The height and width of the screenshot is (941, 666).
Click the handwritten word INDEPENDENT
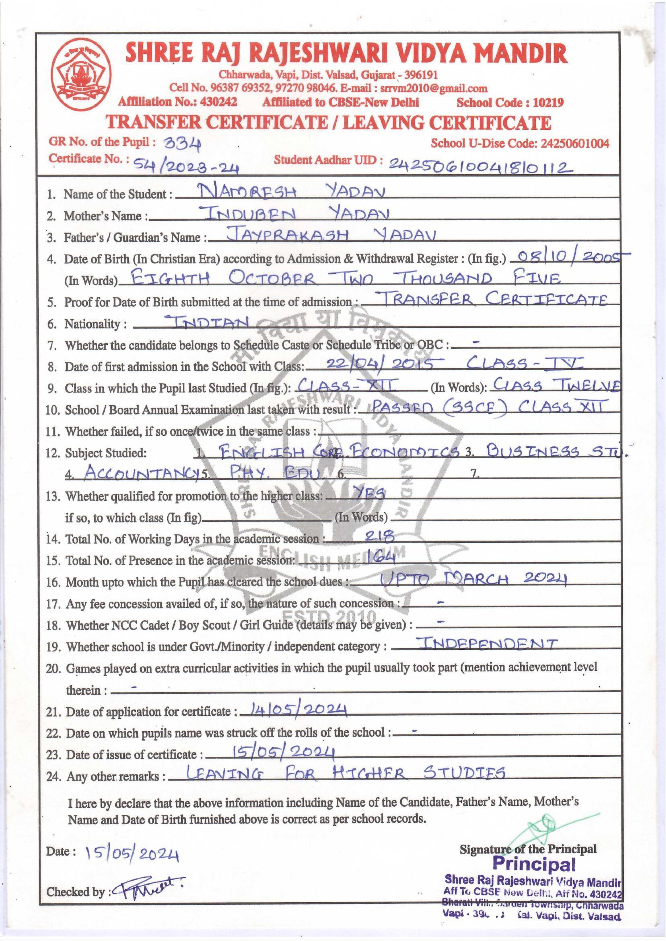click(x=487, y=643)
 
